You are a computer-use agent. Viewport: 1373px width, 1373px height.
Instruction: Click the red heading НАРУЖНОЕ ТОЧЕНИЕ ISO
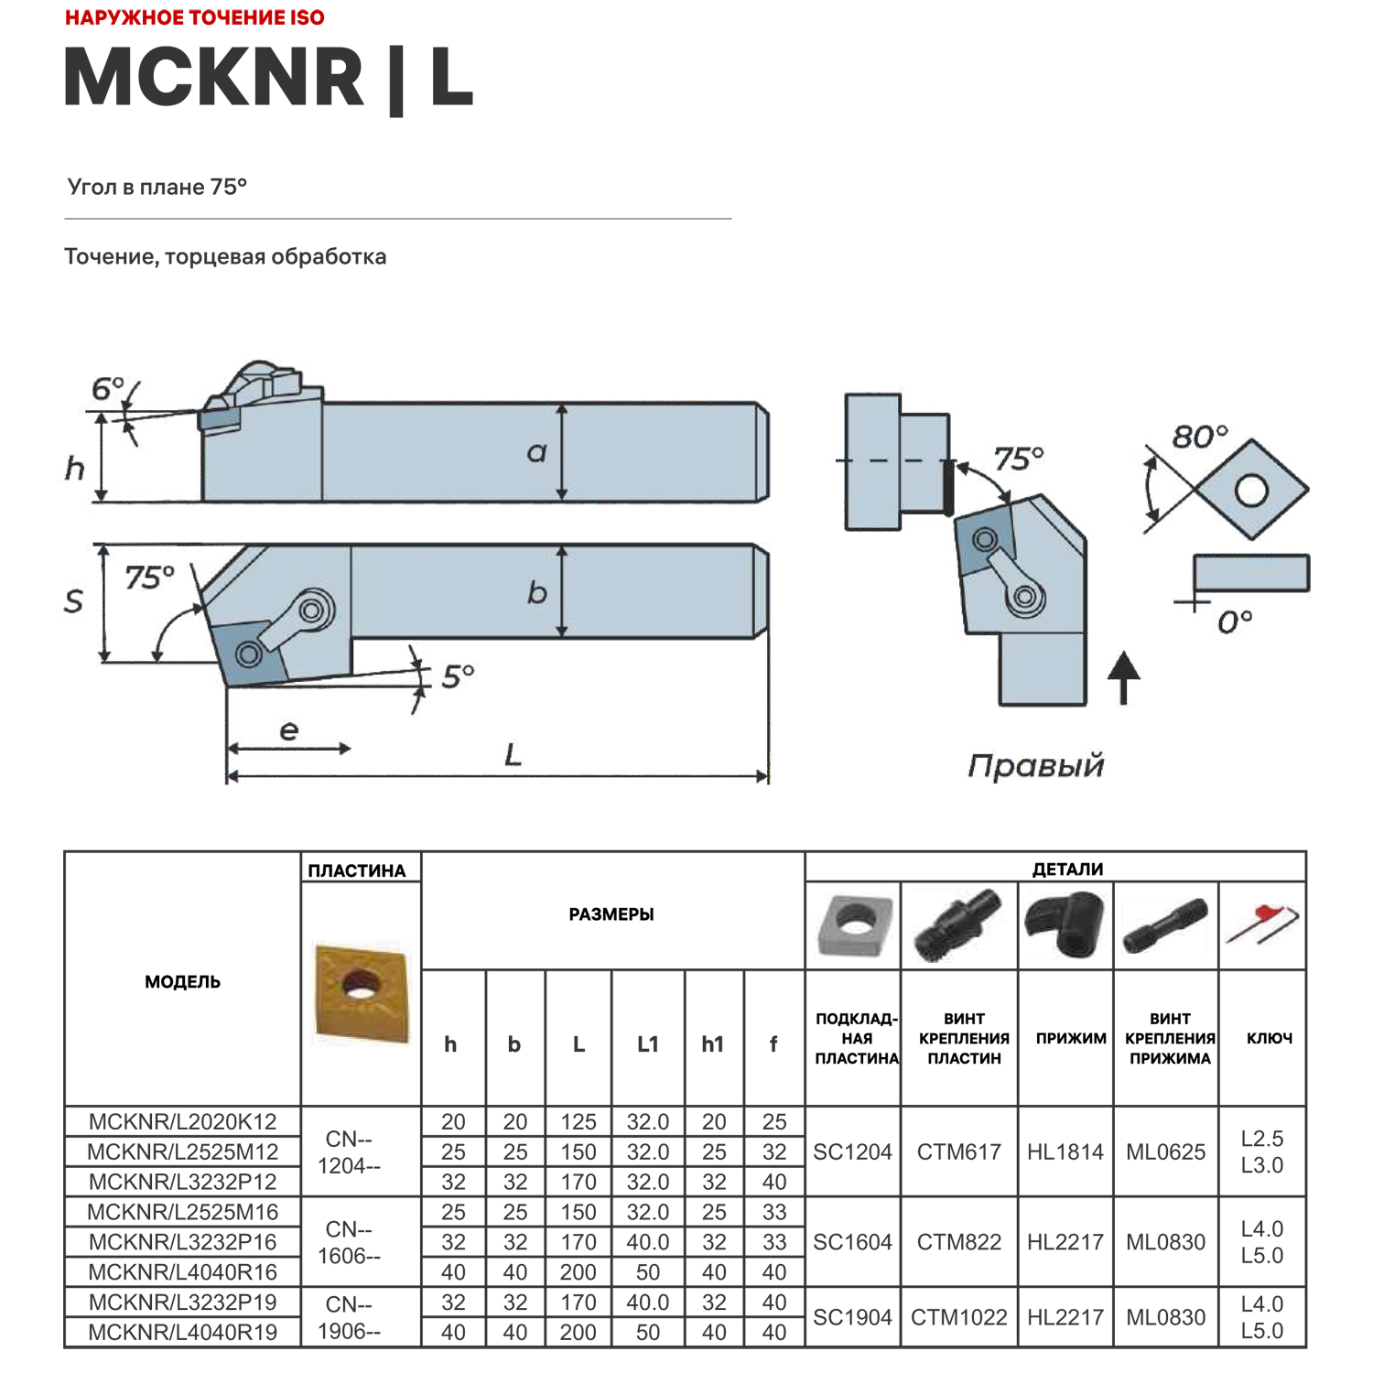click(x=194, y=17)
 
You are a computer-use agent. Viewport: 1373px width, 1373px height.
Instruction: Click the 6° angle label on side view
click(x=107, y=390)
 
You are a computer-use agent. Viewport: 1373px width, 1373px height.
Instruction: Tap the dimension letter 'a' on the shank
click(x=536, y=451)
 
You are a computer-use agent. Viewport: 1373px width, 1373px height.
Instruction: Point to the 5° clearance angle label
click(x=458, y=676)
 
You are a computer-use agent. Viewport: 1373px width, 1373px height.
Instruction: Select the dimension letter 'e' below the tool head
click(x=288, y=730)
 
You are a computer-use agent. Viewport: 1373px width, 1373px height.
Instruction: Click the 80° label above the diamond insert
click(x=1199, y=438)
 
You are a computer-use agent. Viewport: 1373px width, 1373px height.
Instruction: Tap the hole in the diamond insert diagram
click(x=1251, y=491)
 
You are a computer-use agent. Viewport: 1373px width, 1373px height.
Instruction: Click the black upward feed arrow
click(x=1124, y=676)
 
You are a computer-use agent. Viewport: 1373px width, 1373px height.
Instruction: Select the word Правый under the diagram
click(x=1035, y=765)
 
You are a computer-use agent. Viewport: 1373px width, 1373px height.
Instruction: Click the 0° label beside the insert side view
click(x=1235, y=622)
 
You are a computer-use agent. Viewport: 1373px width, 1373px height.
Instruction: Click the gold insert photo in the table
click(x=361, y=992)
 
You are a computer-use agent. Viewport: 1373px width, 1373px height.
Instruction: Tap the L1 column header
click(x=647, y=1043)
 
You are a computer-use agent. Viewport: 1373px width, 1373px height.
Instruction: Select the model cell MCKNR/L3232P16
click(x=183, y=1242)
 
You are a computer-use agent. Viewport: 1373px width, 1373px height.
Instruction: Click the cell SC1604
click(x=852, y=1242)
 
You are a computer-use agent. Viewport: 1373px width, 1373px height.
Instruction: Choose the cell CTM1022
click(x=958, y=1317)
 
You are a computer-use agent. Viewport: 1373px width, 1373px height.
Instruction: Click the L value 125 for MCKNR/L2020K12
click(x=578, y=1122)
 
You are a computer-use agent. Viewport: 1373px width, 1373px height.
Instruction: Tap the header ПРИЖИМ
click(x=1070, y=1038)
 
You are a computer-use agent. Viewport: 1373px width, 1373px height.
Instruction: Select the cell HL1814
click(x=1065, y=1151)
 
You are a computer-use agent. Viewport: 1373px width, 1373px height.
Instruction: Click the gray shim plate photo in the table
click(x=853, y=924)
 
